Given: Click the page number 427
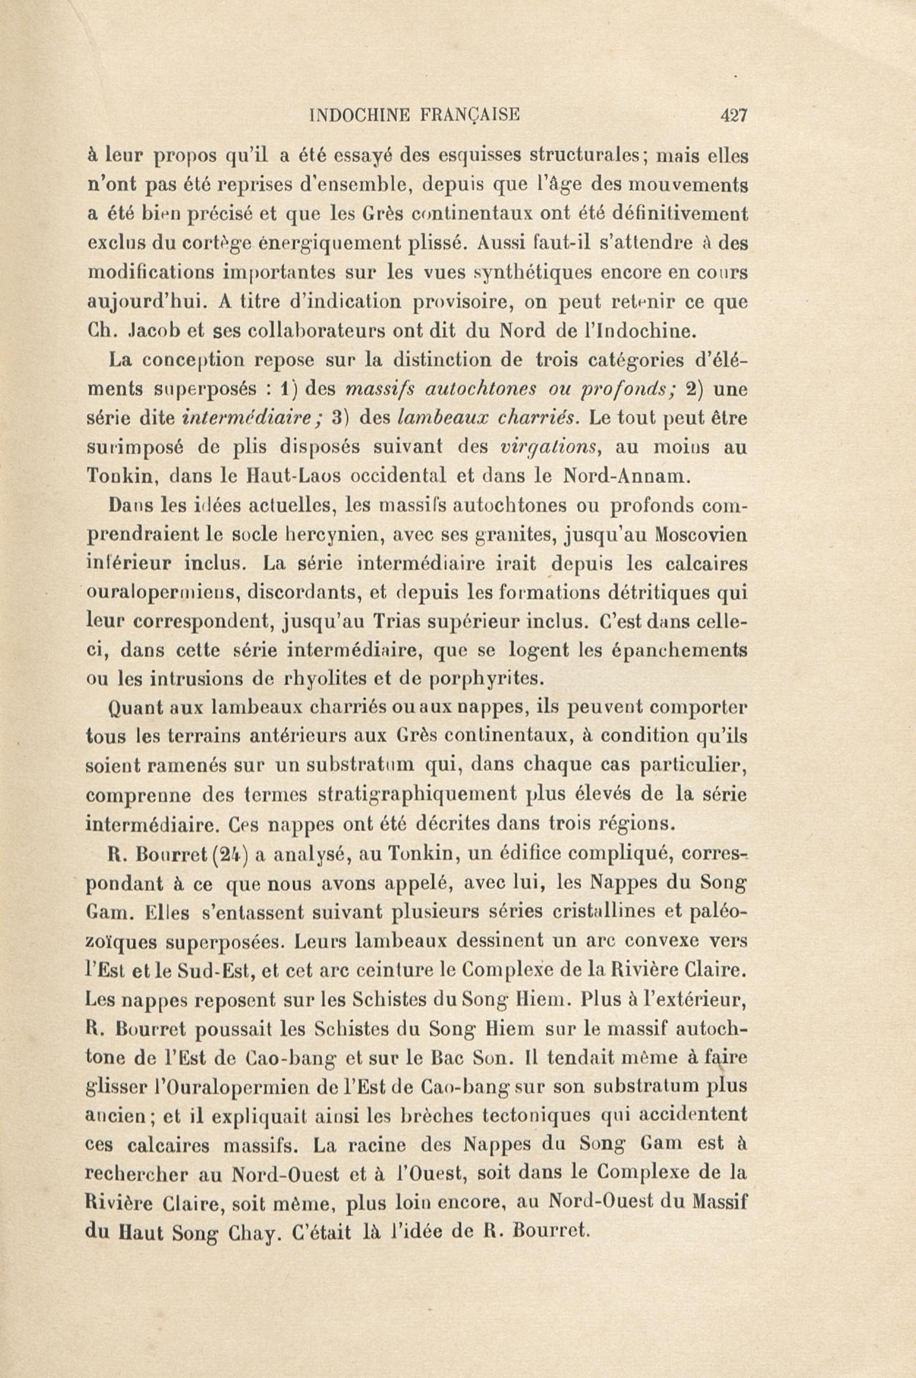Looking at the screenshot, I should (x=734, y=115).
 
